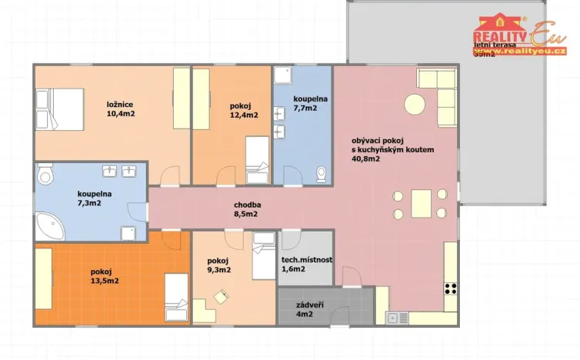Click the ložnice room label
(x=118, y=103)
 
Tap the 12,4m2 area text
(x=244, y=115)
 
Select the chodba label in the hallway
(x=246, y=205)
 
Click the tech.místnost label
(x=307, y=260)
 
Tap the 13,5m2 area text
(x=104, y=282)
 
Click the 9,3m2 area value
(x=218, y=270)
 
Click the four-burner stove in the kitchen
(x=451, y=291)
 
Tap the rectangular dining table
(x=420, y=204)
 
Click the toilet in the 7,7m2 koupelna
(x=322, y=174)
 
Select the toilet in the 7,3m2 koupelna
(x=45, y=176)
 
